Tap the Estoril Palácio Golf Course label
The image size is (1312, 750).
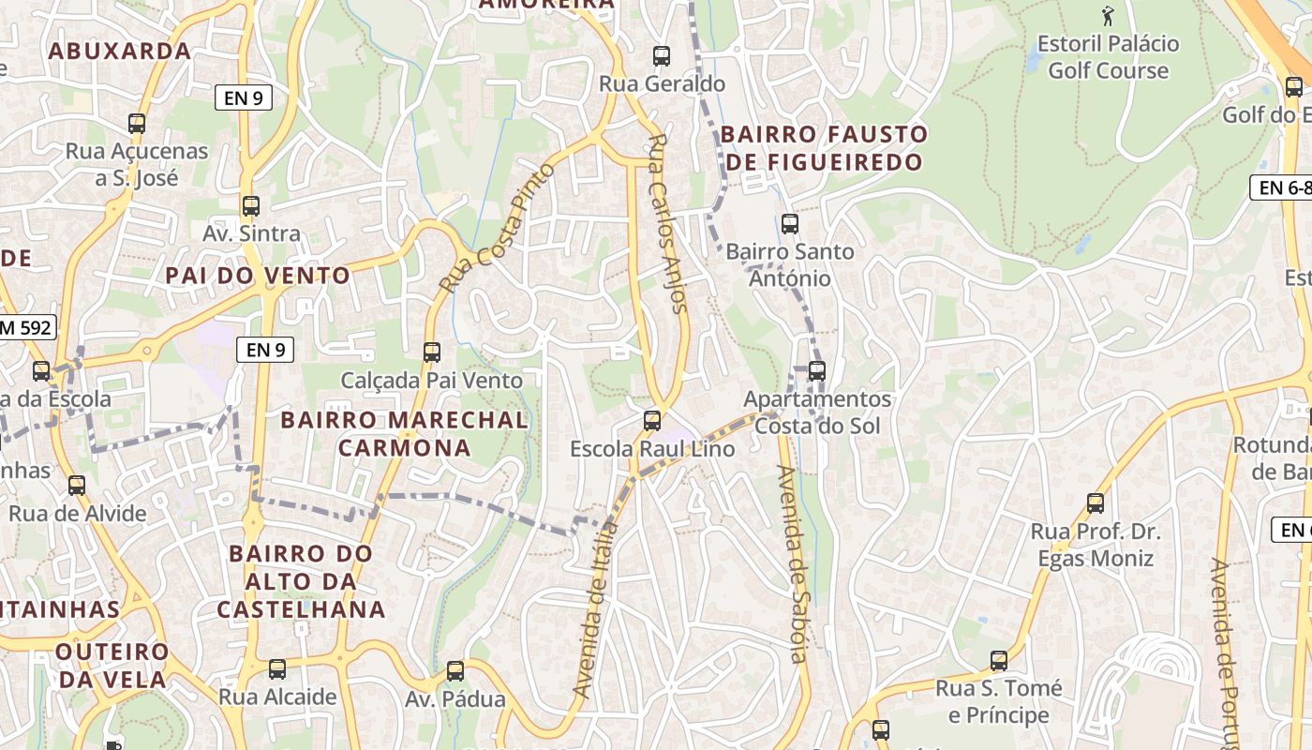coord(1109,57)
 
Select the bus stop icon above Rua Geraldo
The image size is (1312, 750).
coord(662,56)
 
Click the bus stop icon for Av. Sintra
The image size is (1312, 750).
coord(251,206)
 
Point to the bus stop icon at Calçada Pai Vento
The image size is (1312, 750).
coord(432,352)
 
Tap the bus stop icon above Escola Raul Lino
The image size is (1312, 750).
coord(652,421)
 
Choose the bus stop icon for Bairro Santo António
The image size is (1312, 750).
coord(790,224)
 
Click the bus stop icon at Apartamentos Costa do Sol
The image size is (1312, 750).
coord(817,371)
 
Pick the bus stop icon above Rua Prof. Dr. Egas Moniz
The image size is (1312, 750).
coord(1096,503)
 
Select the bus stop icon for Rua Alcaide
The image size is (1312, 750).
coord(277,669)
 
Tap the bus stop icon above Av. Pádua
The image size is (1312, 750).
coord(455,671)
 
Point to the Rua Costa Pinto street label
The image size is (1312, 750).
coord(497,228)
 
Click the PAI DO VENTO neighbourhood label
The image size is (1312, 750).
coord(258,276)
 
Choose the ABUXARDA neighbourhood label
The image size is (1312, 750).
coord(120,51)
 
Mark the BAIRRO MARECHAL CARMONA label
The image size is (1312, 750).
coord(405,433)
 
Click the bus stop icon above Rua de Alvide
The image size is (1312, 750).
coord(77,486)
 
